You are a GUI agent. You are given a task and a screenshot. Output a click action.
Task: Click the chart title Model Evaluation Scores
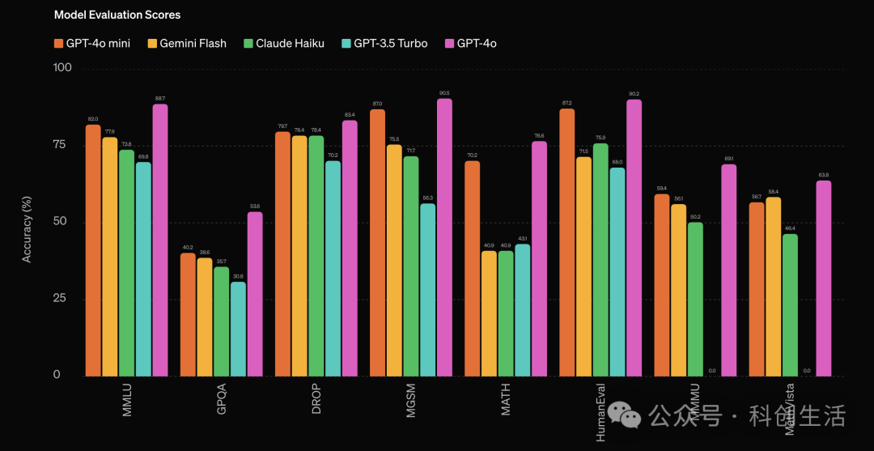coord(117,15)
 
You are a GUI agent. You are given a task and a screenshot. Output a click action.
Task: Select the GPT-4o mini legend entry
coord(94,43)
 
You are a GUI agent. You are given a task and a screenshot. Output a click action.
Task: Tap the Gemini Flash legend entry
coord(187,43)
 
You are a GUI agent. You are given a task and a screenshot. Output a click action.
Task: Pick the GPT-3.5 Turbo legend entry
coord(385,43)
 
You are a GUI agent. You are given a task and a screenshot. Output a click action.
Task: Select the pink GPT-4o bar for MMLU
coord(160,240)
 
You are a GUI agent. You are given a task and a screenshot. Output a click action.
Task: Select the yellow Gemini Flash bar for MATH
coord(489,313)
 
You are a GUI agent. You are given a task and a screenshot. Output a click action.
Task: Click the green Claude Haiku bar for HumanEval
coord(600,259)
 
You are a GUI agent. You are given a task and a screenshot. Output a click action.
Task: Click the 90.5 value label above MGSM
coord(444,93)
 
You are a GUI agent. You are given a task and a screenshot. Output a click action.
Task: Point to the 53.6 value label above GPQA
coord(255,206)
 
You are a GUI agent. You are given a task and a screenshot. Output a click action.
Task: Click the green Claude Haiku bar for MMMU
coord(695,299)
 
